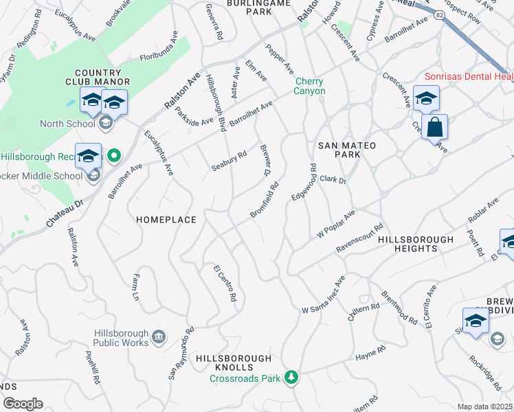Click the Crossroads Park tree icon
(x=292, y=377)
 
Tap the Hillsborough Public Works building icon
(x=159, y=337)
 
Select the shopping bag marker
(x=435, y=128)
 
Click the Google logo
(x=22, y=404)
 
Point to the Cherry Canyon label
(x=309, y=86)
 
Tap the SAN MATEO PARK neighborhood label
(x=339, y=150)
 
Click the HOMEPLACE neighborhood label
(x=166, y=220)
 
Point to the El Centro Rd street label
(x=225, y=284)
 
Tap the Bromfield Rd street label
(x=265, y=201)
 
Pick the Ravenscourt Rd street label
(x=359, y=240)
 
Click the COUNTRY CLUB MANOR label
(x=103, y=78)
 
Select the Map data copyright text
(x=485, y=407)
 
